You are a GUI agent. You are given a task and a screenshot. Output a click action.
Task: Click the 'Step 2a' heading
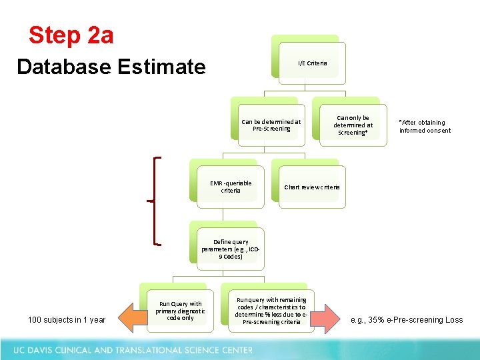tap(71, 35)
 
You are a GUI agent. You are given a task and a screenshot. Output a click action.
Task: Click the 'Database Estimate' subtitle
tap(111, 67)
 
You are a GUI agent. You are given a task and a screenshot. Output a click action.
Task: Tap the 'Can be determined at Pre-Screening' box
tap(271, 125)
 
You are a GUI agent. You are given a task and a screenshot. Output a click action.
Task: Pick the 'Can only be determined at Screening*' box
tap(353, 125)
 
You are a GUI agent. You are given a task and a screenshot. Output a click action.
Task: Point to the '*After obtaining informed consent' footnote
tap(425, 126)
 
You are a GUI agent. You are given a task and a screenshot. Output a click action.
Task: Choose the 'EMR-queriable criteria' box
tap(231, 187)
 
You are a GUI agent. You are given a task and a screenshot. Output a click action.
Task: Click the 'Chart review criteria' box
tap(312, 187)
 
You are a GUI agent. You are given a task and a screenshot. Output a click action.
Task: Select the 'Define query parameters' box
tap(231, 249)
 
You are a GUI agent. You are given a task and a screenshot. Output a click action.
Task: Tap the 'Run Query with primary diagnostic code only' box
tap(180, 311)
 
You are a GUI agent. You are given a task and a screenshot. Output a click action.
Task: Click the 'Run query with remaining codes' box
tap(270, 311)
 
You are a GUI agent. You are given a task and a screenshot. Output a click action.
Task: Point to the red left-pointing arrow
tap(128, 319)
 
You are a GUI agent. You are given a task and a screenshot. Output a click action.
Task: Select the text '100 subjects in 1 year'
tap(67, 320)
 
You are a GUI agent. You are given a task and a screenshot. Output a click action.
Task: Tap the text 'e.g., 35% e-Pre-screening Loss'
tap(407, 320)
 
